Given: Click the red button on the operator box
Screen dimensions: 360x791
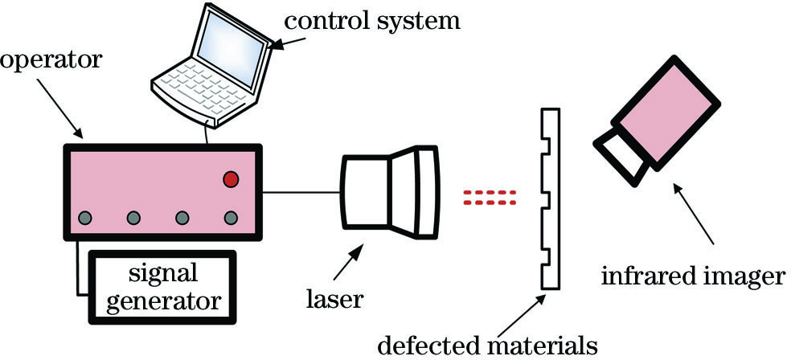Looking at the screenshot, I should tap(232, 178).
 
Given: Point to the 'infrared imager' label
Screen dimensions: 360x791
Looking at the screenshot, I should tap(692, 278).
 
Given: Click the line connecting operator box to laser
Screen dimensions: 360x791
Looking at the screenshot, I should tap(302, 192).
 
